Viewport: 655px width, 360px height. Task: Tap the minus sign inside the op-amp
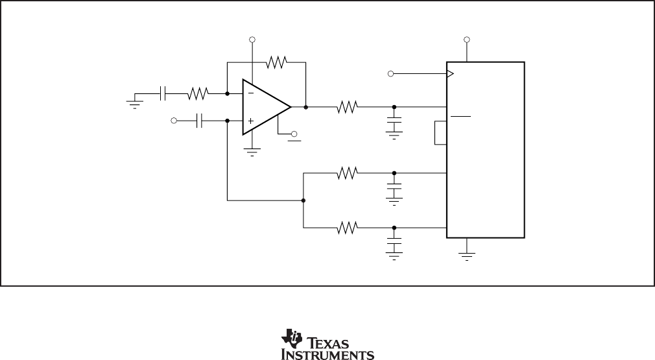250,93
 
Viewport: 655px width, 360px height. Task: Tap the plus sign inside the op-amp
250,121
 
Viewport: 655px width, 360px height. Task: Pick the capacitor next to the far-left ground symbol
163,95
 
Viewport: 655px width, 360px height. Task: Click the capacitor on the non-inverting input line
200,121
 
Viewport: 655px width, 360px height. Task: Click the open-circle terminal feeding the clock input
391,74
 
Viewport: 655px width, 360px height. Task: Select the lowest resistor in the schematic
347,228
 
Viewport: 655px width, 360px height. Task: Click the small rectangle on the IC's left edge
441,133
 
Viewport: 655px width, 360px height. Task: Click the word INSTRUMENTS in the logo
328,354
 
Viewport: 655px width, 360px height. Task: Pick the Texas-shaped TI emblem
293,342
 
